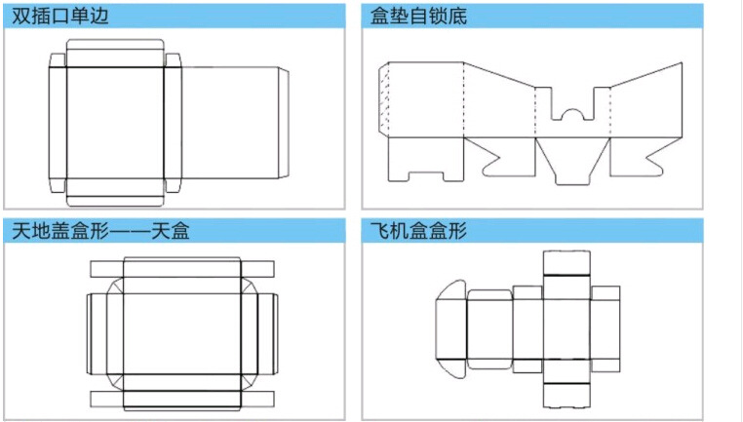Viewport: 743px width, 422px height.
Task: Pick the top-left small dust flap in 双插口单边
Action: click(x=57, y=62)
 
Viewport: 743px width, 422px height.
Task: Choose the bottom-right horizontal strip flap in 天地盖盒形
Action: click(x=256, y=400)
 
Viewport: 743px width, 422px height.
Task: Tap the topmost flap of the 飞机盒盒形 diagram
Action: click(x=566, y=262)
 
